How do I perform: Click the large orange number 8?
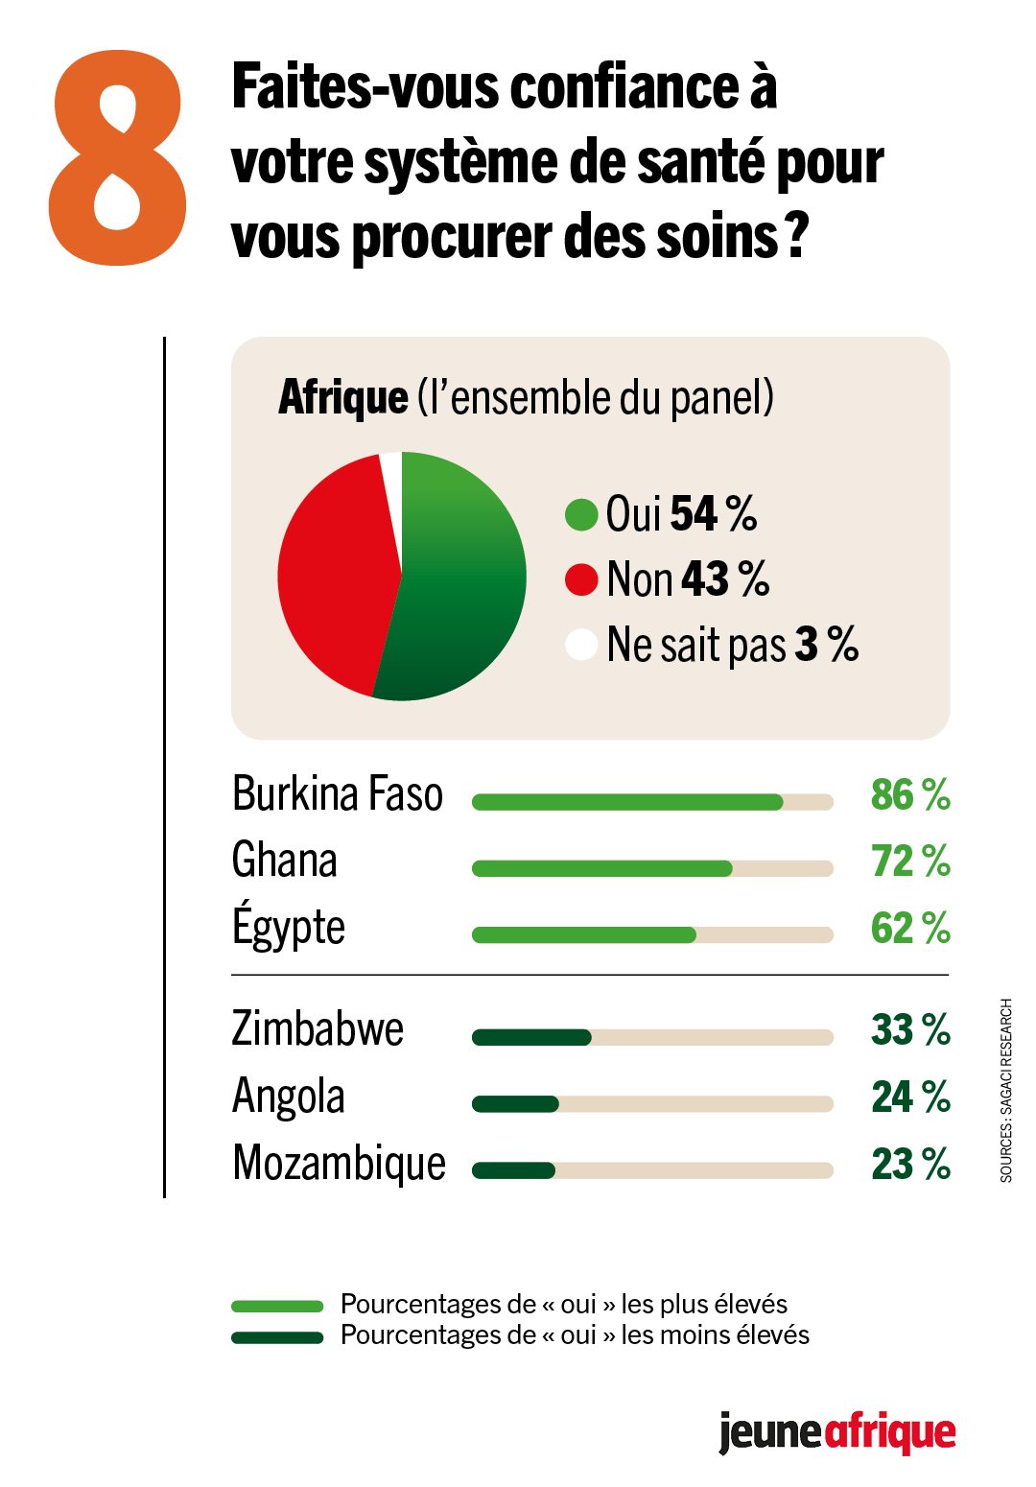point(118,158)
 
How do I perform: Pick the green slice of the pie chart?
point(460,585)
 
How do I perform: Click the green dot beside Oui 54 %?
point(581,514)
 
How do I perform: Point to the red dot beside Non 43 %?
point(581,579)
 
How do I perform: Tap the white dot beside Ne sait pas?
point(581,645)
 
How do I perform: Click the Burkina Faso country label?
point(338,794)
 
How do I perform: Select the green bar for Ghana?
point(601,868)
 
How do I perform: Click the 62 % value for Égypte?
point(909,928)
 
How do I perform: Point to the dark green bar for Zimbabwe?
point(531,1037)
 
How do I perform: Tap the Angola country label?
point(288,1097)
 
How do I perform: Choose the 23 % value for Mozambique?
point(909,1164)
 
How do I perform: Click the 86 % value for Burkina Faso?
point(909,795)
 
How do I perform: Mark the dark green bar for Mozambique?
point(513,1170)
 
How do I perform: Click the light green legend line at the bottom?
point(277,1306)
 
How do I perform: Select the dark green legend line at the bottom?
point(277,1337)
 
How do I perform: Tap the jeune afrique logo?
point(836,1433)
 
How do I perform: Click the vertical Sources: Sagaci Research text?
point(1006,1090)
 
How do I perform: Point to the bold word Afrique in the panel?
point(342,397)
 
